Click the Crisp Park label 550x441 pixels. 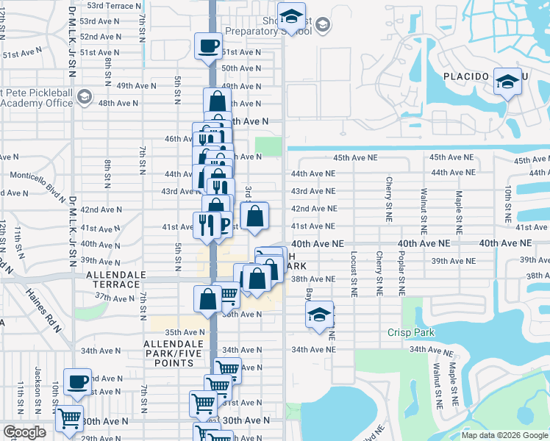click(411, 332)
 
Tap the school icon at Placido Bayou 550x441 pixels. click(507, 82)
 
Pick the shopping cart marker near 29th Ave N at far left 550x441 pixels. click(69, 419)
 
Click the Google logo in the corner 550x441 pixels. click(24, 432)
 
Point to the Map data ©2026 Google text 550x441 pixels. click(504, 435)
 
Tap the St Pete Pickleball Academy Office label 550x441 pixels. click(37, 98)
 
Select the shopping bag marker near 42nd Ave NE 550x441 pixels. click(254, 217)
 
